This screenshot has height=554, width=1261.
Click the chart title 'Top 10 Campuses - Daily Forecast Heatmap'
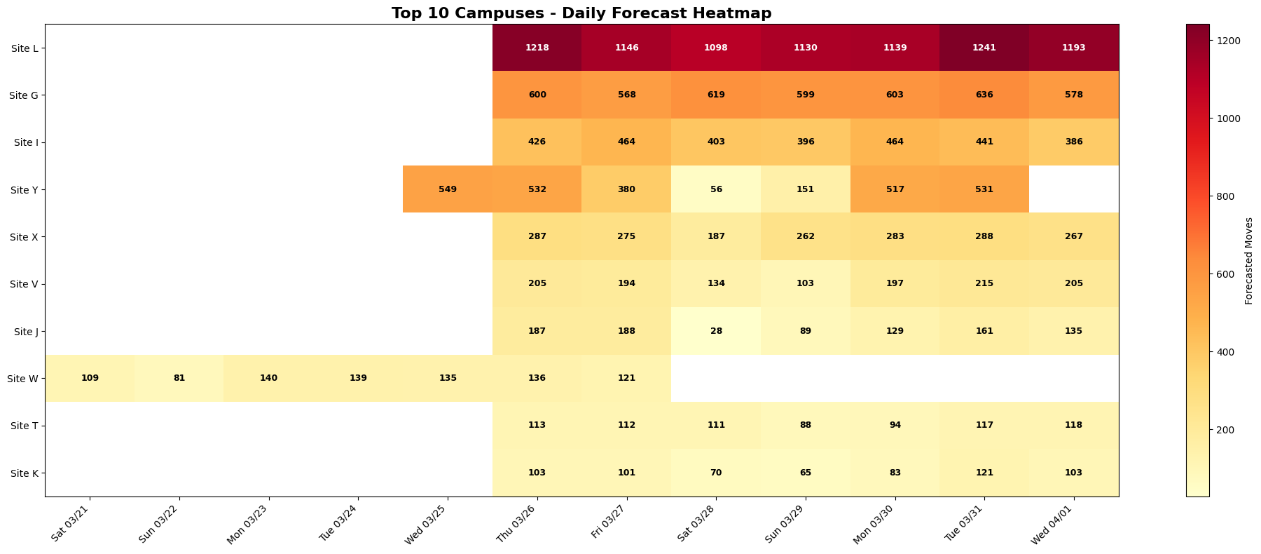(x=581, y=13)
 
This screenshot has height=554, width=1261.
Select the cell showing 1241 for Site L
(x=984, y=48)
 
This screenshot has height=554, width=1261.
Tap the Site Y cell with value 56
(x=716, y=189)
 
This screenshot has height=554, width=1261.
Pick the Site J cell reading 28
(x=716, y=331)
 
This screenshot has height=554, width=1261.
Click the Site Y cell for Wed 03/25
(x=447, y=189)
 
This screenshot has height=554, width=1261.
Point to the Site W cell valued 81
(x=179, y=378)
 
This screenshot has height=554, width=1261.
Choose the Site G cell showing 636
(x=984, y=95)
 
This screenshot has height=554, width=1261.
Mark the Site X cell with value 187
(x=716, y=236)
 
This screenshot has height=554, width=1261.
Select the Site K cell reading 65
(x=806, y=473)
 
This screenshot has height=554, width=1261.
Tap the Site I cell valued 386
(x=1074, y=142)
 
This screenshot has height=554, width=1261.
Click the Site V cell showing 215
(x=984, y=284)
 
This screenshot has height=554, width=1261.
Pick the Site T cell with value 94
(x=895, y=426)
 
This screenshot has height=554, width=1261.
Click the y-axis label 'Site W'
(x=22, y=379)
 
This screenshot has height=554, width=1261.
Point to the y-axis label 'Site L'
(x=25, y=48)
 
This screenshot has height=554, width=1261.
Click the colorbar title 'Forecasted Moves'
(x=1249, y=260)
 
